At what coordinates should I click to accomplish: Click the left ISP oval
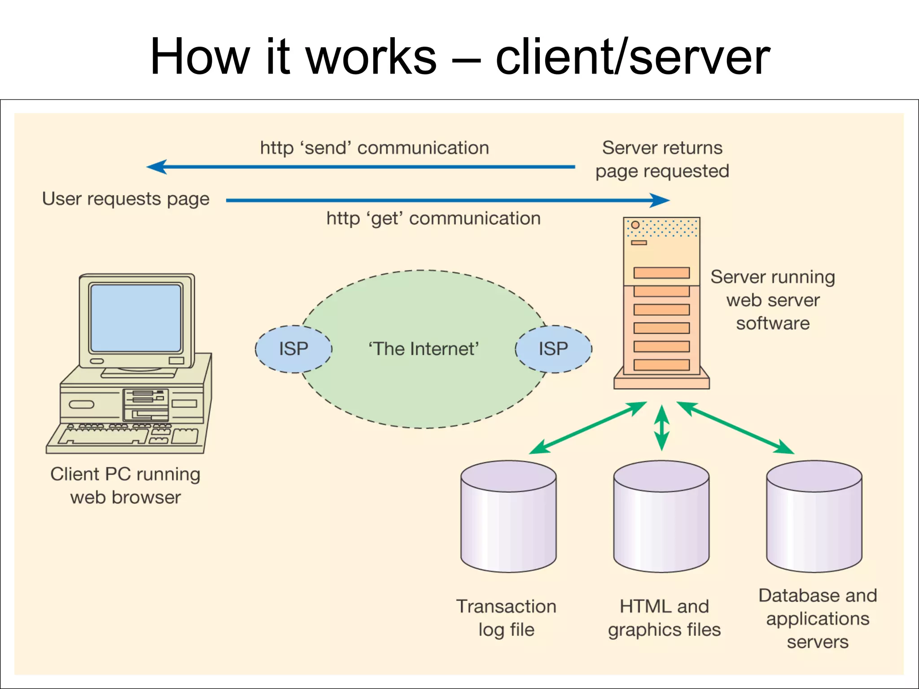pos(293,349)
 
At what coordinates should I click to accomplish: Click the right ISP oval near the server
pos(553,349)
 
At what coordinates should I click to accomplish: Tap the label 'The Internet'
pos(424,349)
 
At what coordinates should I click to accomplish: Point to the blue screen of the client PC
pos(136,318)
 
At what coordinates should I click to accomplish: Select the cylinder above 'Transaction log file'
pos(508,516)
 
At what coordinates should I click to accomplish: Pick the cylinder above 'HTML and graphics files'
pos(661,516)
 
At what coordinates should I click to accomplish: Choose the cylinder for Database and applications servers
pos(814,516)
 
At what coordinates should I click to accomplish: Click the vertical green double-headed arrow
pos(661,427)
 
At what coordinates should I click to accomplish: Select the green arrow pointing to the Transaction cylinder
pos(588,428)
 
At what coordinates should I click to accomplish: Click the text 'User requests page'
pos(126,199)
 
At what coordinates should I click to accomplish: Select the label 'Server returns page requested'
pos(662,159)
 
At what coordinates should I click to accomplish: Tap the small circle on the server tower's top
pos(635,225)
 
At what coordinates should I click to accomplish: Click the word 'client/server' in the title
pos(633,57)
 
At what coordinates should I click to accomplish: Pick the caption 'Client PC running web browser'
pos(126,485)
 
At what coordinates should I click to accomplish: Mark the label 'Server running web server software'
pos(773,300)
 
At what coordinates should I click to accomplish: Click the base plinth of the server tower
pos(661,383)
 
